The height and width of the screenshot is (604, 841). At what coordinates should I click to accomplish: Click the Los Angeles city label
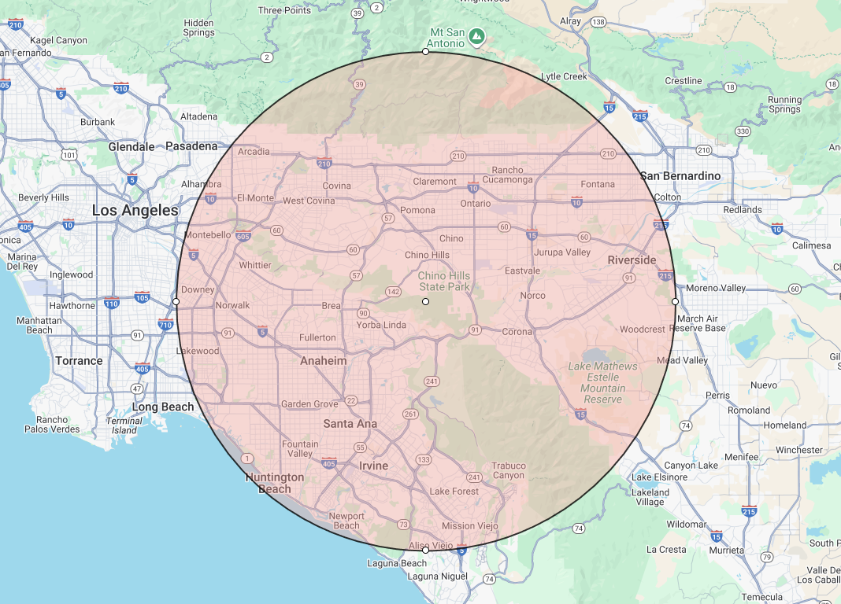pos(135,211)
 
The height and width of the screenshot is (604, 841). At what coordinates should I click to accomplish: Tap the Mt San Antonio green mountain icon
pos(476,35)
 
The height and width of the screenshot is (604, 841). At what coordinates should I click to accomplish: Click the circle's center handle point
pos(425,301)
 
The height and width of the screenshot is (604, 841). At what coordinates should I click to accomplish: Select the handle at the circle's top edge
pos(425,51)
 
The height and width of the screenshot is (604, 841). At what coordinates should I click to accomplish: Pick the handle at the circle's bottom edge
pos(425,551)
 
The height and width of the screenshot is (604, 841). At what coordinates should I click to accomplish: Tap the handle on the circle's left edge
pos(176,301)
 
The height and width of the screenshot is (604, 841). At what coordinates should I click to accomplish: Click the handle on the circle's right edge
pos(675,301)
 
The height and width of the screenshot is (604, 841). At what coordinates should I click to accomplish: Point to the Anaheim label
pos(323,361)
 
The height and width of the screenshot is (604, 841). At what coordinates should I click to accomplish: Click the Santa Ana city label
pos(350,424)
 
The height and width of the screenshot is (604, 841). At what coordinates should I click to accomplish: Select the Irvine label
pos(373,466)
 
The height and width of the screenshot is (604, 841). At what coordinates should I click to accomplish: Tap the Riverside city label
pos(632,260)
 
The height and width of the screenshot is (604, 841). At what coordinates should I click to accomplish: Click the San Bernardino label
pos(680,176)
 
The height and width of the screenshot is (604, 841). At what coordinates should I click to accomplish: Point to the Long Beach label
pos(163,407)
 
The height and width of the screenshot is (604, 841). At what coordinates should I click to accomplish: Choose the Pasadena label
pos(191,146)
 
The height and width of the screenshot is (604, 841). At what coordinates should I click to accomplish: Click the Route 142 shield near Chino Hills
pos(393,291)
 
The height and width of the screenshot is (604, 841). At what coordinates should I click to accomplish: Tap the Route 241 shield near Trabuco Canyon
pos(474,477)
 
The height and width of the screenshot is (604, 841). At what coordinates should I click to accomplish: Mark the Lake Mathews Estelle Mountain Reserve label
pos(603,383)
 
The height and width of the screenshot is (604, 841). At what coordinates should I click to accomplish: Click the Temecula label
pos(763,597)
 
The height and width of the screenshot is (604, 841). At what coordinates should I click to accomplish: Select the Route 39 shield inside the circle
pos(360,84)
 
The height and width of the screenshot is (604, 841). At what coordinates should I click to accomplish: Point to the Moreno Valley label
pos(716,289)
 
